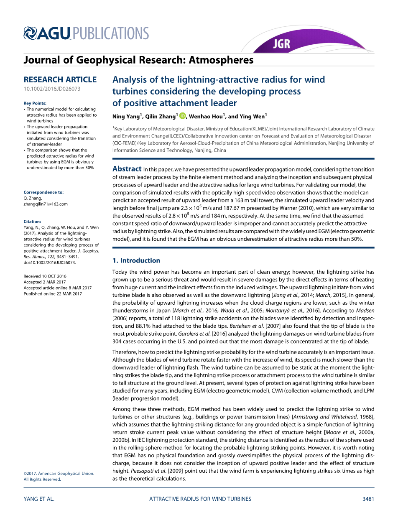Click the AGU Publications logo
[86, 33]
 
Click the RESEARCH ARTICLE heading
[60, 79]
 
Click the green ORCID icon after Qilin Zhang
[182, 116]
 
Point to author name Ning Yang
[127, 116]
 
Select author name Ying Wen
[252, 116]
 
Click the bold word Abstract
[127, 169]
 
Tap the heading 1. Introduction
[136, 260]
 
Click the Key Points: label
[35, 103]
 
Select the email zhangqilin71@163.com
[46, 204]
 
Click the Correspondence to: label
[43, 192]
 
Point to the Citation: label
[32, 222]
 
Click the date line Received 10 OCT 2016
[45, 276]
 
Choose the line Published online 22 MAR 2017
[53, 294]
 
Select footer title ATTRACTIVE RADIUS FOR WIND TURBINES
[200, 499]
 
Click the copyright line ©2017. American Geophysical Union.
[59, 474]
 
